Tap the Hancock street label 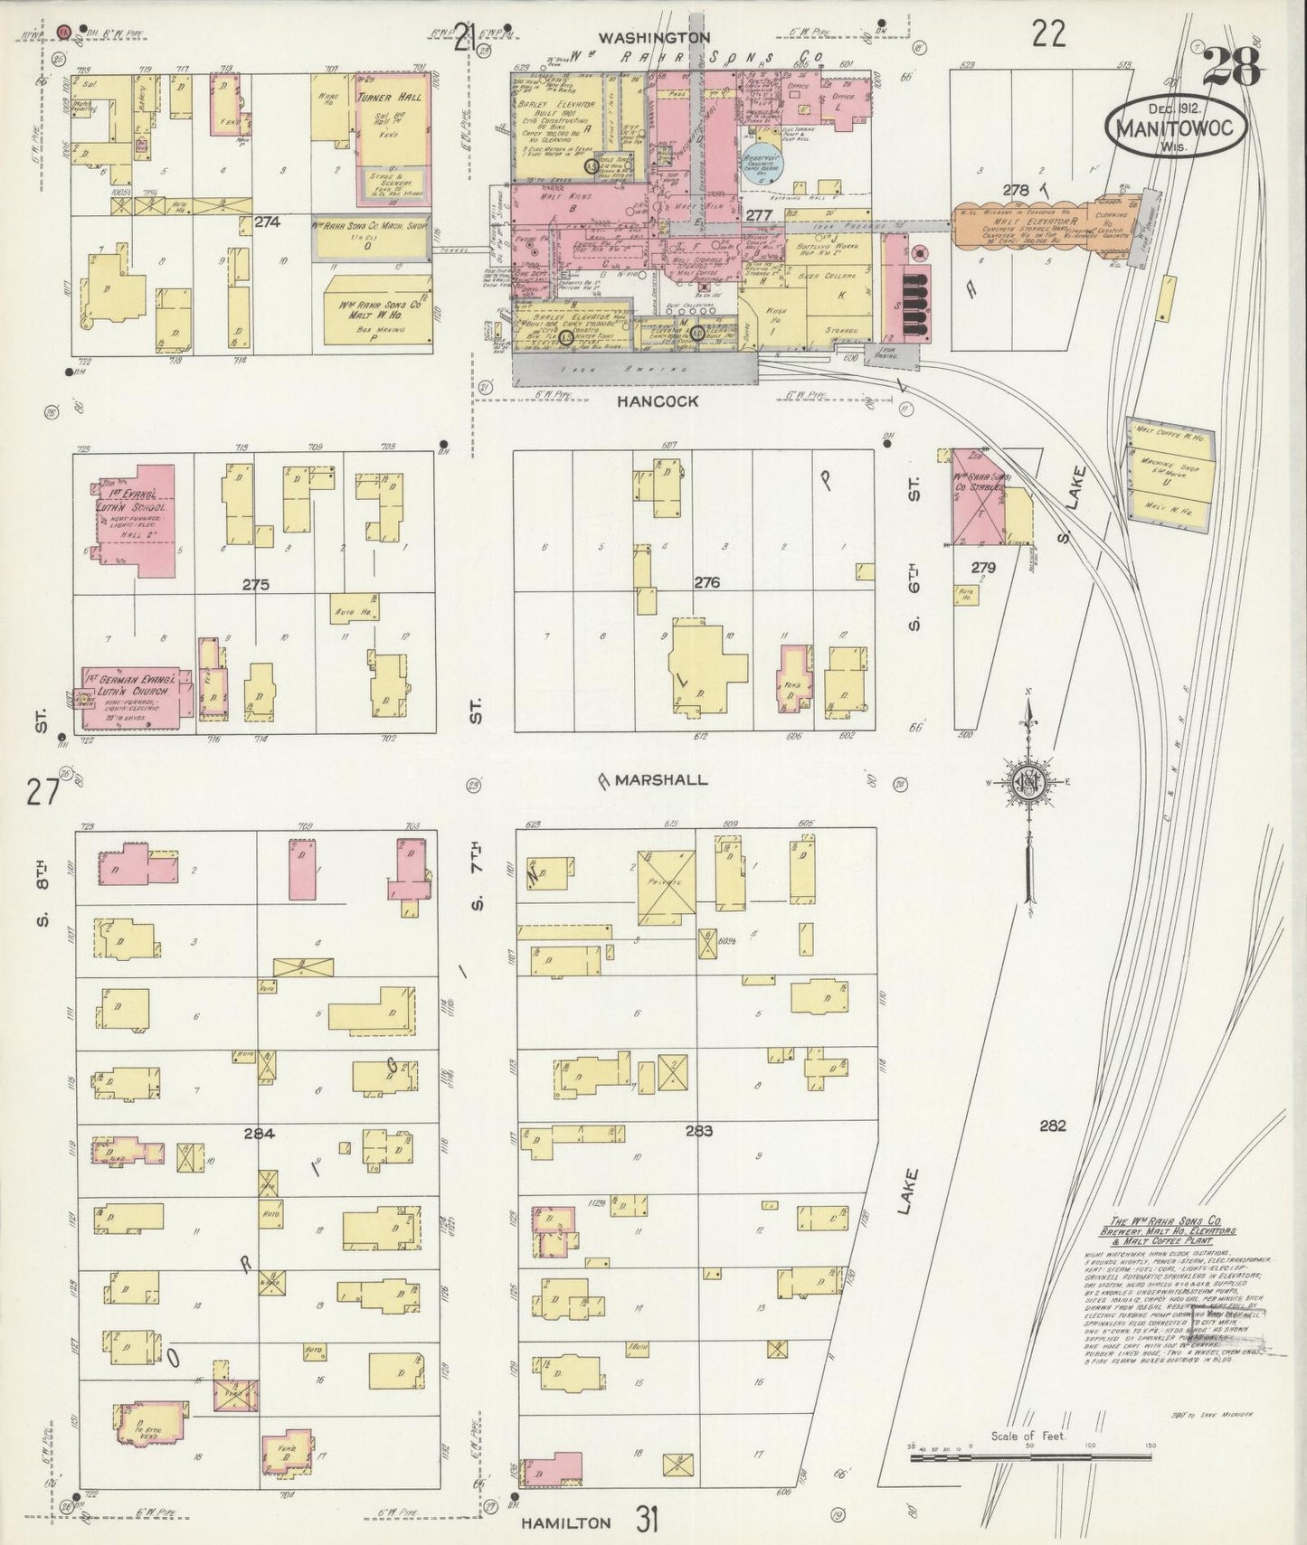pyautogui.click(x=658, y=401)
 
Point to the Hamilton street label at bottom pyautogui.click(x=566, y=1522)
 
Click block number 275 pyautogui.click(x=256, y=585)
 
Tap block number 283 pyautogui.click(x=698, y=1130)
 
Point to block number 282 pyautogui.click(x=1053, y=1126)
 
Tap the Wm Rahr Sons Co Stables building pyautogui.click(x=978, y=498)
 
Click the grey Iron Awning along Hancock pyautogui.click(x=633, y=369)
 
